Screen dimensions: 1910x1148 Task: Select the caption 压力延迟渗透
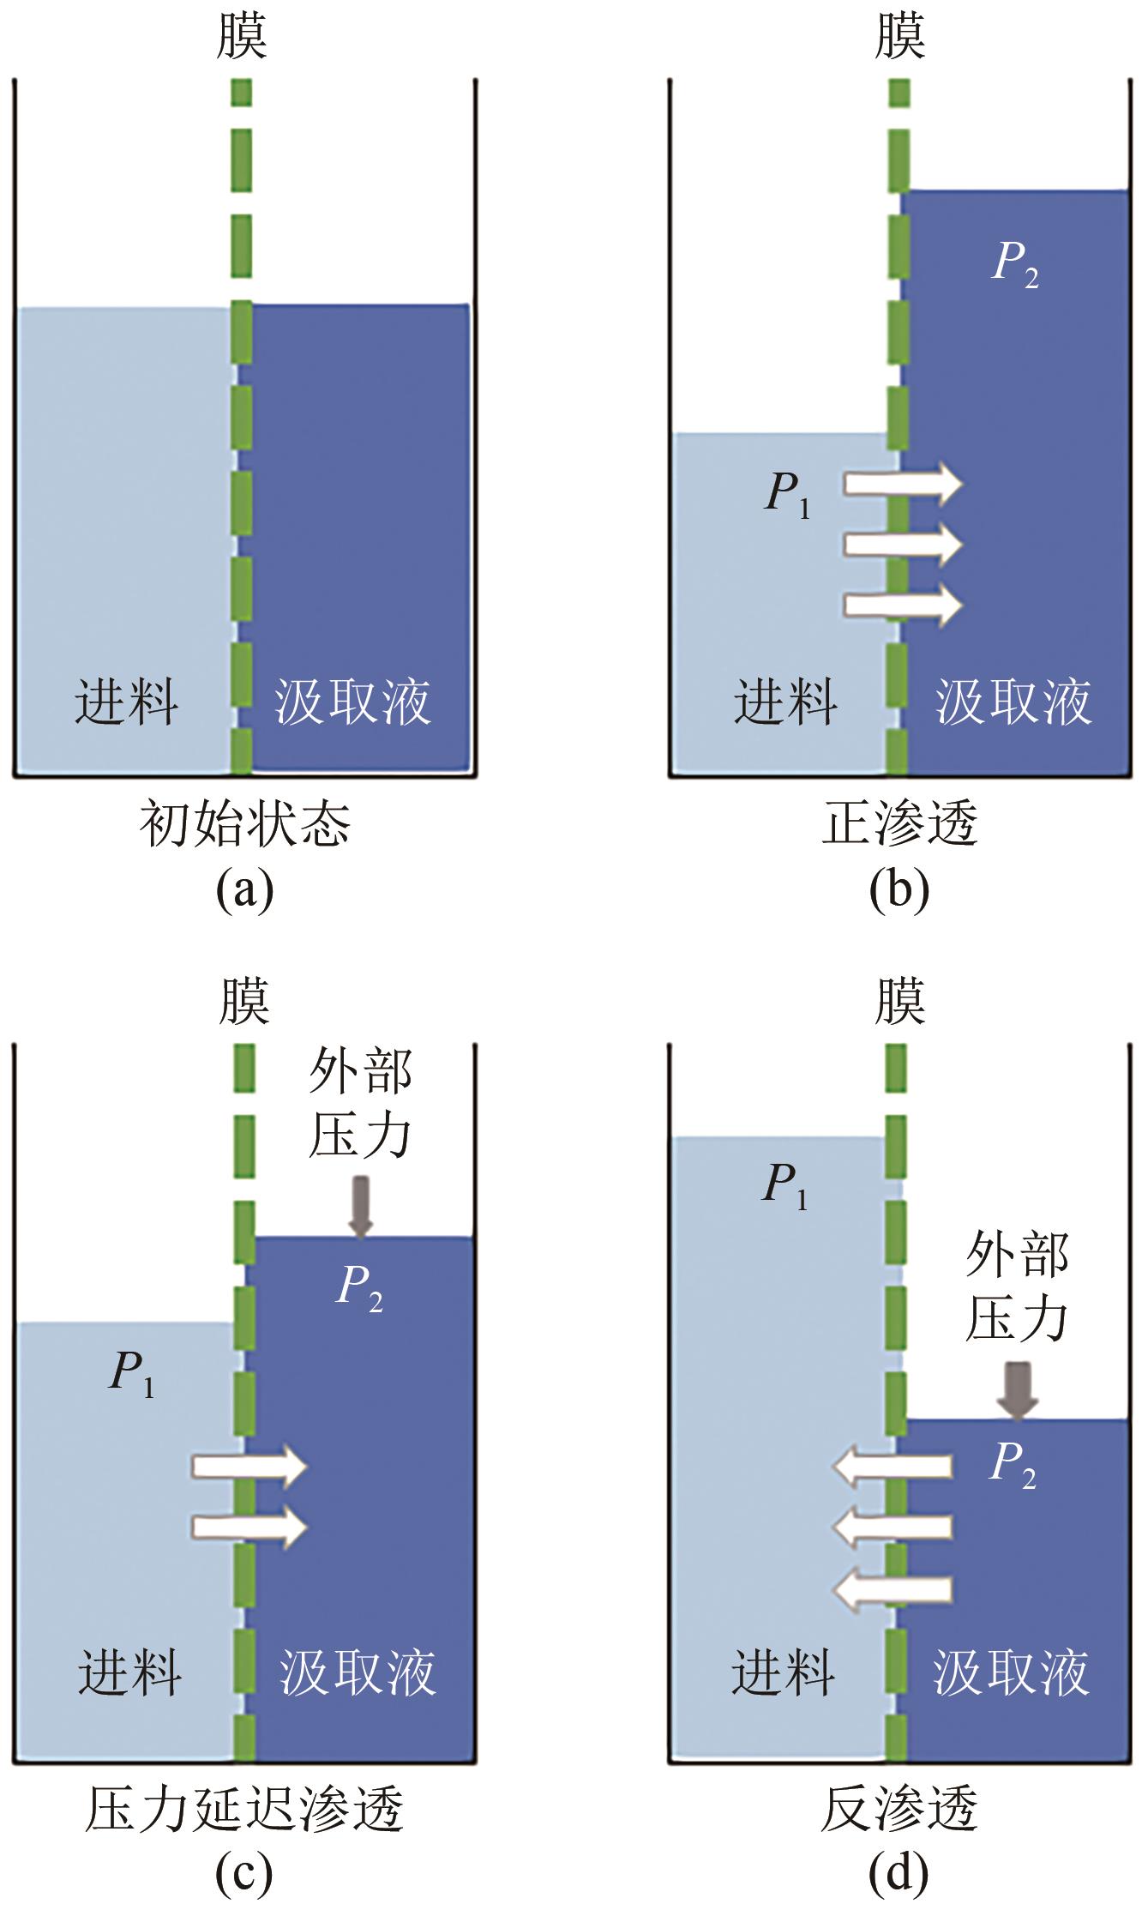tap(244, 1810)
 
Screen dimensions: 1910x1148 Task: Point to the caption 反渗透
tap(899, 1810)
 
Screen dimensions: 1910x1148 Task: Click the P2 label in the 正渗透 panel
tap(1015, 263)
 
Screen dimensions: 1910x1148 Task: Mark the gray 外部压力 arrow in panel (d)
tap(1018, 1389)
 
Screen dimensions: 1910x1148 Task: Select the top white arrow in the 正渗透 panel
tap(903, 485)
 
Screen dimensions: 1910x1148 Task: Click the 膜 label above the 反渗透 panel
tap(899, 1001)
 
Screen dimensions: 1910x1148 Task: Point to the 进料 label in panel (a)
tap(126, 702)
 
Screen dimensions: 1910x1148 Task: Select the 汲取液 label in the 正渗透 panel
tap(1013, 702)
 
